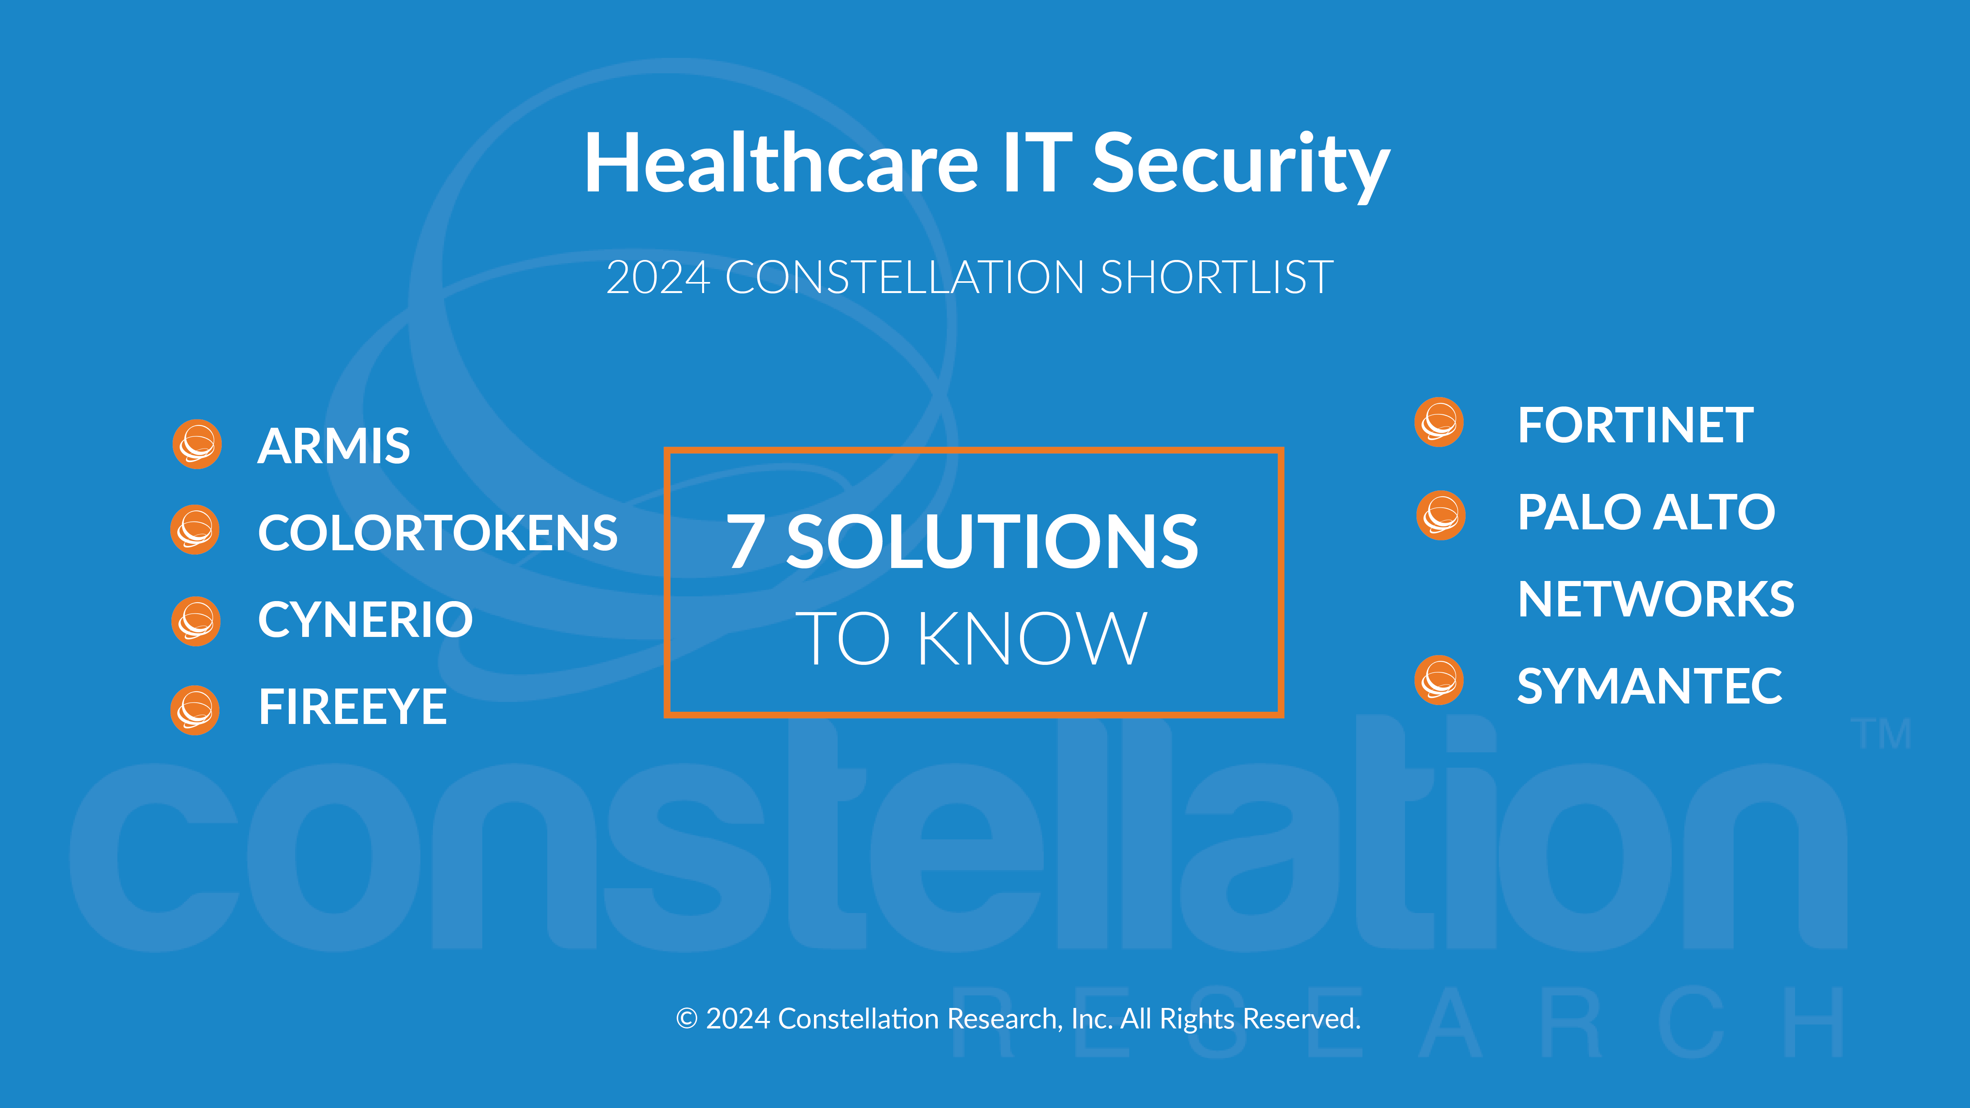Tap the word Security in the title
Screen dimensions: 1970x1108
coord(1240,167)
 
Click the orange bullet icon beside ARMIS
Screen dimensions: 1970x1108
coord(197,444)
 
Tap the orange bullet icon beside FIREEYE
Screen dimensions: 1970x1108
coord(195,711)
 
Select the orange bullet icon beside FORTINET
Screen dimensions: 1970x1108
coord(1439,422)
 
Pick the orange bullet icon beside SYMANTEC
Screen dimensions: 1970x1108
coord(1439,680)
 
